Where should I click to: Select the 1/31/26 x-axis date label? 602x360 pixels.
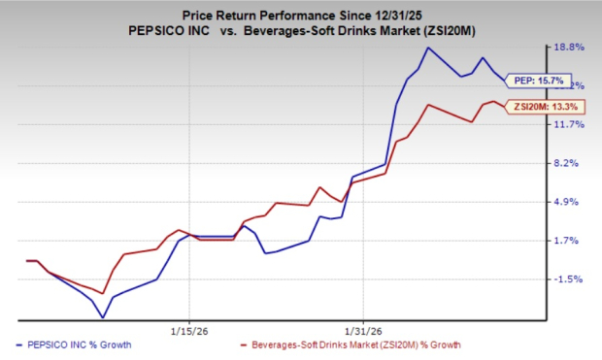click(362, 328)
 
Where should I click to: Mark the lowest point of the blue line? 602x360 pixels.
click(102, 317)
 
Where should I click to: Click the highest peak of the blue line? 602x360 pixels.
click(428, 48)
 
